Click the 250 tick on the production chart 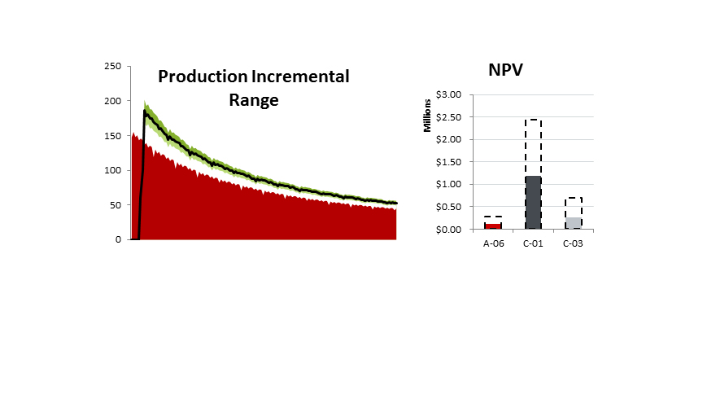click(114, 66)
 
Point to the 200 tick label click(114, 101)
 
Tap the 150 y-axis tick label click(114, 136)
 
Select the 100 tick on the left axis click(114, 170)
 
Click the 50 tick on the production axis click(116, 205)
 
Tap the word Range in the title click(251, 101)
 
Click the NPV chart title click(505, 70)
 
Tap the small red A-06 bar click(493, 226)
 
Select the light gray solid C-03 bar click(573, 223)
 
